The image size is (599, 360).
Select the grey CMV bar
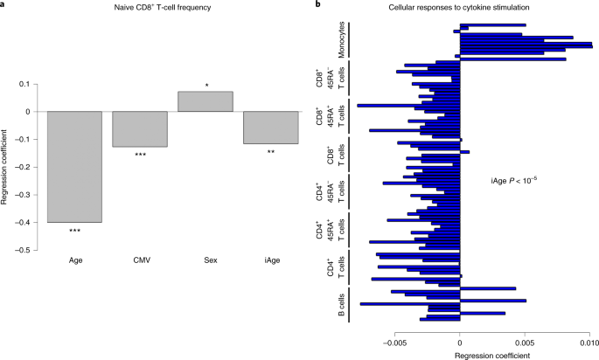pos(140,129)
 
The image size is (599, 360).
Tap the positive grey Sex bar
pos(205,101)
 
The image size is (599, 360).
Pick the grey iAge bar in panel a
pos(270,128)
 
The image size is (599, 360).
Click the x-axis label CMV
pos(140,260)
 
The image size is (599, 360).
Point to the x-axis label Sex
pos(205,260)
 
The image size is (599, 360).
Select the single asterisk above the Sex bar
pos(206,86)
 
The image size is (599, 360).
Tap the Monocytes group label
pos(339,42)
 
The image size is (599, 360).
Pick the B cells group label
pos(339,304)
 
